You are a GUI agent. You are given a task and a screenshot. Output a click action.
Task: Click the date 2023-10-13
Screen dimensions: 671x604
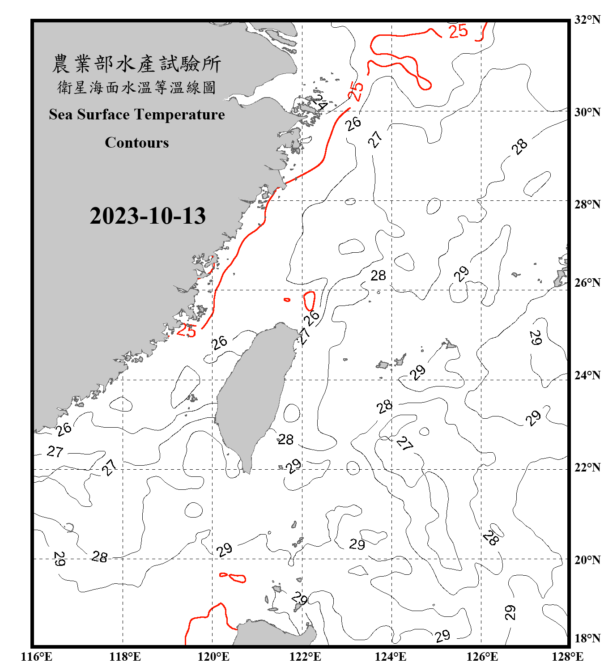coord(148,216)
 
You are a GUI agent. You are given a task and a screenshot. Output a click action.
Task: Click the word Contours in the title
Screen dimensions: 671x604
coord(137,143)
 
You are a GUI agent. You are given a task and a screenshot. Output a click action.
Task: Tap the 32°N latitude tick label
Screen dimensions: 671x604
coord(587,20)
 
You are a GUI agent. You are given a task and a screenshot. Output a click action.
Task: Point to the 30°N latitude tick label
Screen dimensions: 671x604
coord(587,112)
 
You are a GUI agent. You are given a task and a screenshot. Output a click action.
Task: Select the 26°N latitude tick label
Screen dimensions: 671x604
coord(587,283)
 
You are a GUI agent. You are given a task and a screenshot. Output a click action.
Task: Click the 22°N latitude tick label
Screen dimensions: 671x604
coord(587,467)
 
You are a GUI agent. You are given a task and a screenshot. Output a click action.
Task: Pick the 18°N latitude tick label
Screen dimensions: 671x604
coord(587,638)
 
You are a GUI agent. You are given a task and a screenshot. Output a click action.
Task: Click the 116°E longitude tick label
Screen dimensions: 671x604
coord(37,657)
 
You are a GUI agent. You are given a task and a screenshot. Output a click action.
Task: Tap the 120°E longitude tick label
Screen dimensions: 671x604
coord(213,657)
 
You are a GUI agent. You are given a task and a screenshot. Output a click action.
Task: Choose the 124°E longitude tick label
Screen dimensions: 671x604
coord(391,657)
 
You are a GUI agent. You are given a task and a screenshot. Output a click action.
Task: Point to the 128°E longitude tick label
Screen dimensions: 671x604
coord(567,657)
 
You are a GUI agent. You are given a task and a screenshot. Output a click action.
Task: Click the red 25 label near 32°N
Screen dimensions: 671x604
coord(458,31)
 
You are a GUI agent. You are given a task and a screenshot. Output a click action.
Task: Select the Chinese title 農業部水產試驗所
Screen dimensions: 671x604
coord(137,64)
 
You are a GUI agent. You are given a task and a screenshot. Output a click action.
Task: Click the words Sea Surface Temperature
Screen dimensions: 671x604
coord(137,115)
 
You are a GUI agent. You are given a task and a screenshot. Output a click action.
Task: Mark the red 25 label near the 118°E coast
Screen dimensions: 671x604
coord(186,331)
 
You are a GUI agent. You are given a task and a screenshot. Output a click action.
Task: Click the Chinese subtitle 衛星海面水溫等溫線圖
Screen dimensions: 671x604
coord(137,87)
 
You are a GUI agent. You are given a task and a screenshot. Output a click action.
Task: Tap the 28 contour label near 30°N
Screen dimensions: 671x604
coord(519,146)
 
